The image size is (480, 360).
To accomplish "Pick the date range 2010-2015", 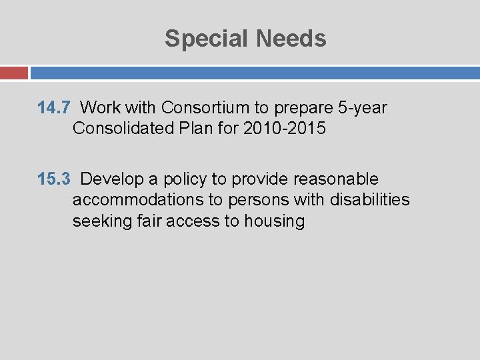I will click(285, 127).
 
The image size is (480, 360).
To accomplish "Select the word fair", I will click(143, 221).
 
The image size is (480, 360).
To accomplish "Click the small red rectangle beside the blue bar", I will click(13, 73).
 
